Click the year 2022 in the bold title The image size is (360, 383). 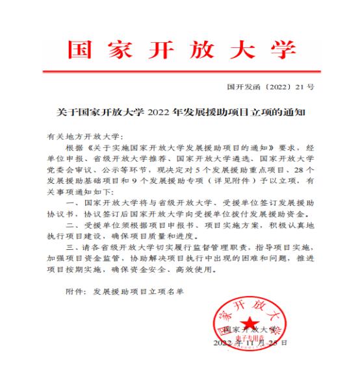coord(159,112)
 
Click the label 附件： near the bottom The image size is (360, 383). coord(78,292)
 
